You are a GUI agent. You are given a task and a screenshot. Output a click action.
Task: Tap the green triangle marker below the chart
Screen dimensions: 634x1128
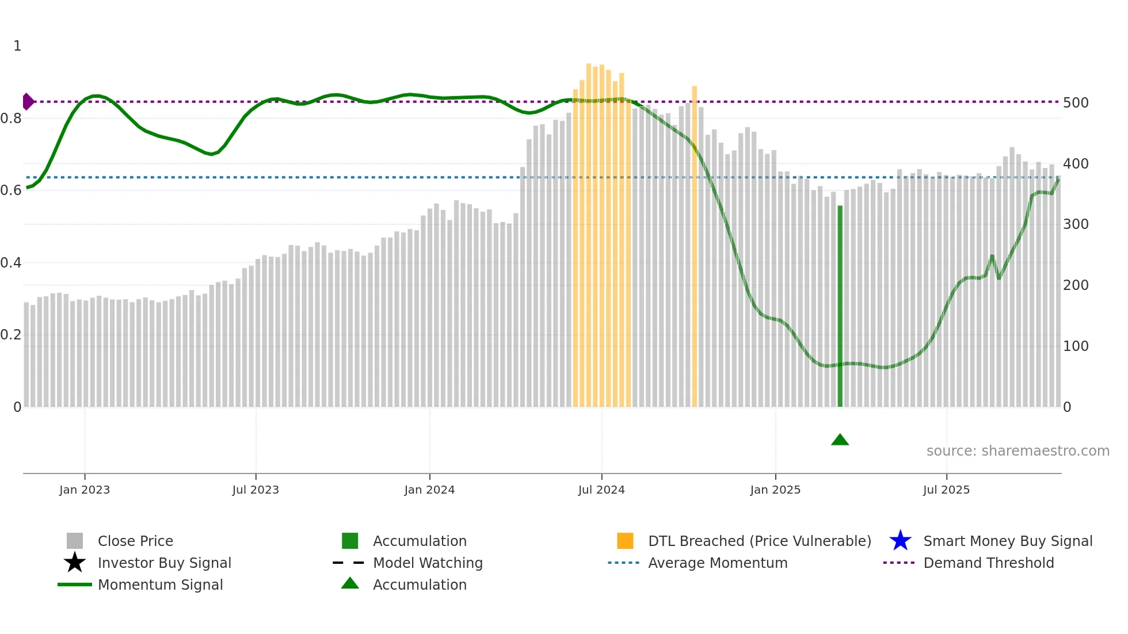click(840, 440)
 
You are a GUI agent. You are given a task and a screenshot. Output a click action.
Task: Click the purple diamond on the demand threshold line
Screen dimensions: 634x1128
click(28, 102)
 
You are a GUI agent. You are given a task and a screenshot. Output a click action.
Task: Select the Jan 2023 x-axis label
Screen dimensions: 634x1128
click(85, 490)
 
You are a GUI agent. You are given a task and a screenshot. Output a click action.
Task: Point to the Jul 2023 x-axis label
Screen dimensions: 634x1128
click(256, 490)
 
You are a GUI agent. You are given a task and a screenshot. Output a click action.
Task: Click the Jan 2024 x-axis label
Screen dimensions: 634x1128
click(429, 490)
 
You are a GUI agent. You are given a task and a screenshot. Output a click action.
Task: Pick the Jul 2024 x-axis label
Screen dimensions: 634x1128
click(601, 490)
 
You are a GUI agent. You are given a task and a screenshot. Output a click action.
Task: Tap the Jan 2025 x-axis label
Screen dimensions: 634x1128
click(775, 490)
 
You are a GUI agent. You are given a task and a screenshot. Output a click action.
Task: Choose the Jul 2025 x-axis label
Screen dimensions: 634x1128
click(946, 490)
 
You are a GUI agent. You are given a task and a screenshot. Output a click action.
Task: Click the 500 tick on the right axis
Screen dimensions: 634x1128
click(1076, 103)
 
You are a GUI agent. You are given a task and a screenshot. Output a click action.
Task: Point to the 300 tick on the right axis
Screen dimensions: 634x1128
click(1076, 224)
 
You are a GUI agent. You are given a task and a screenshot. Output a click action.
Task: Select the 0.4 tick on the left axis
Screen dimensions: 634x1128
click(11, 263)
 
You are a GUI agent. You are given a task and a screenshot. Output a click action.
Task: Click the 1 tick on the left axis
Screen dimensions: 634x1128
click(17, 46)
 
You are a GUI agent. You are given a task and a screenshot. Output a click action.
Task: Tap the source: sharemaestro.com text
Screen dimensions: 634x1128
click(1018, 451)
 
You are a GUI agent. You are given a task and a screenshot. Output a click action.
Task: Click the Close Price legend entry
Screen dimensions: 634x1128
click(135, 541)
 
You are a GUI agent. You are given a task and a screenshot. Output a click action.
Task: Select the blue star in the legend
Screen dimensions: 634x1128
click(900, 541)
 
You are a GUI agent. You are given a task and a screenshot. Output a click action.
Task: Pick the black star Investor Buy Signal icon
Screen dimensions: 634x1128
click(75, 563)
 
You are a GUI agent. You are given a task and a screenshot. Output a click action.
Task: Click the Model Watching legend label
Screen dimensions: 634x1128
click(428, 563)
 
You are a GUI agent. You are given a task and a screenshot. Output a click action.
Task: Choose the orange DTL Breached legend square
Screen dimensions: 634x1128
click(625, 541)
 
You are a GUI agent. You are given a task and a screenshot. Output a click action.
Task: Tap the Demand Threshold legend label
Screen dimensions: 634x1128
click(988, 563)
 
